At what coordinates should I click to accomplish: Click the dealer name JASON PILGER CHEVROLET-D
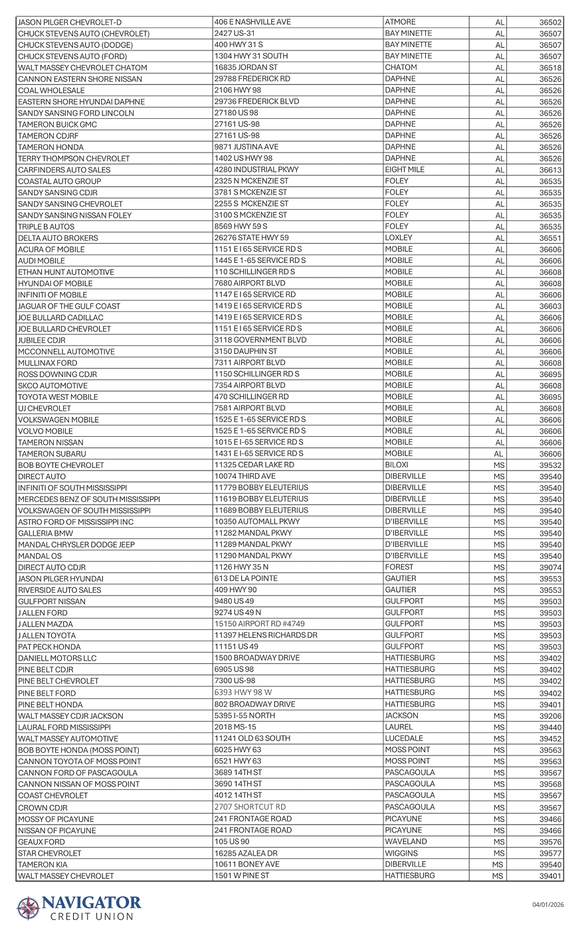(x=70, y=22)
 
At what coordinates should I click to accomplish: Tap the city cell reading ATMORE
(x=400, y=22)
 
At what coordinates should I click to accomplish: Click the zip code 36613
(x=550, y=170)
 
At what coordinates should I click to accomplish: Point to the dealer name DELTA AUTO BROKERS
(x=58, y=238)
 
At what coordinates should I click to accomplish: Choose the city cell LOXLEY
(x=399, y=238)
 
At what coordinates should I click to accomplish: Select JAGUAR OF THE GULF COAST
(x=69, y=306)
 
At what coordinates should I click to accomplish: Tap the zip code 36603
(x=550, y=306)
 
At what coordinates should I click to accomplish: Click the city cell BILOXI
(x=397, y=465)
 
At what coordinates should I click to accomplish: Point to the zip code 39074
(x=550, y=568)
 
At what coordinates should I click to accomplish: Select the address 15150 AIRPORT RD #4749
(x=259, y=624)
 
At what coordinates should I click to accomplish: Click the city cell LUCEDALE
(x=404, y=738)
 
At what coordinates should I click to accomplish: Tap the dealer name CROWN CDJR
(x=43, y=808)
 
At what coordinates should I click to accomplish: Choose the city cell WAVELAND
(x=406, y=842)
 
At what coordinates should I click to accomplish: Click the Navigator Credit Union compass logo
(x=28, y=908)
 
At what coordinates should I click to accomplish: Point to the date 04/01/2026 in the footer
(x=547, y=904)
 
